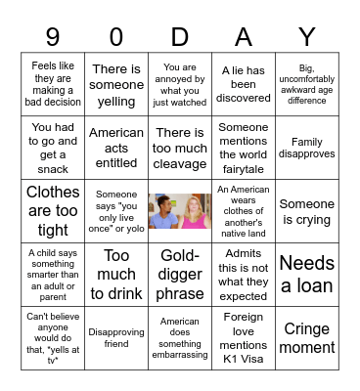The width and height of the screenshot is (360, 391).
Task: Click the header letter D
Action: (x=180, y=36)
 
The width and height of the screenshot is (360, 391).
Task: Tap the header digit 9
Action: (x=53, y=36)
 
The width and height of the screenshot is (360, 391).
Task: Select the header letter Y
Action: (x=307, y=36)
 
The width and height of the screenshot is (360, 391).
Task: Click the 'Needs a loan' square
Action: (x=307, y=274)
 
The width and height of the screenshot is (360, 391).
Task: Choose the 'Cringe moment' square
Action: (x=307, y=338)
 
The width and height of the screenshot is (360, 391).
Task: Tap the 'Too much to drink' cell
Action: (x=116, y=274)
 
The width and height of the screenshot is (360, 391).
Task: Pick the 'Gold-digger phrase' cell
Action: (x=180, y=274)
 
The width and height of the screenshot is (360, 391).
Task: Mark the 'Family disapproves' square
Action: (x=307, y=147)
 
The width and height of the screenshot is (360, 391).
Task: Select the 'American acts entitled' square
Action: (x=116, y=147)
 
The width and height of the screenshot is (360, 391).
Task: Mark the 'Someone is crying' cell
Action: (x=307, y=210)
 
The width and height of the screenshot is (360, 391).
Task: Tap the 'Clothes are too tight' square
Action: (x=53, y=210)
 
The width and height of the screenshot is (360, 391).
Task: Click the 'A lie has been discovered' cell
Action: (x=244, y=84)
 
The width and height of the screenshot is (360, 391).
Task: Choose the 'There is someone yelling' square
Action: (x=116, y=84)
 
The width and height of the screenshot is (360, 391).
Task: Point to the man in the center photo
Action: (x=166, y=212)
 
